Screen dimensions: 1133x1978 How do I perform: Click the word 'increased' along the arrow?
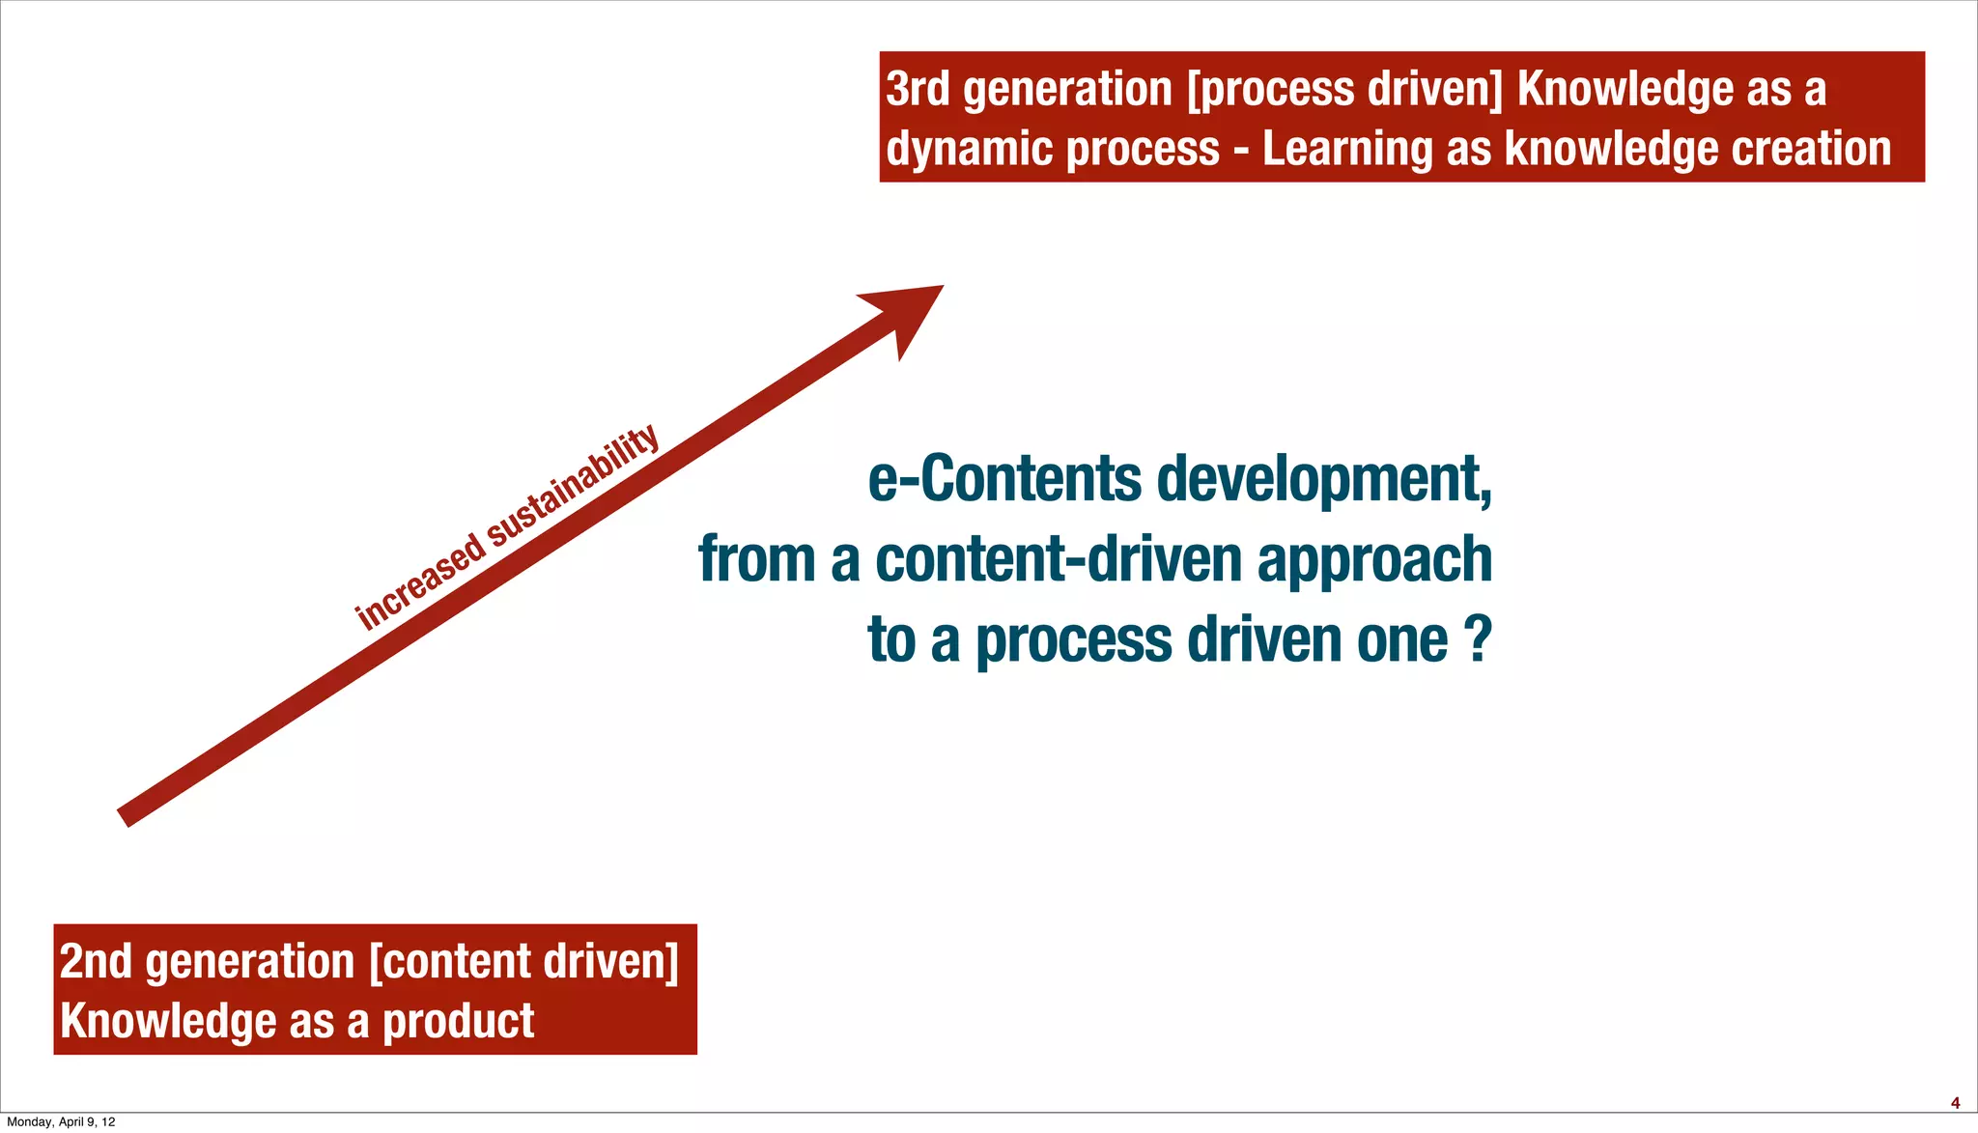pyautogui.click(x=421, y=582)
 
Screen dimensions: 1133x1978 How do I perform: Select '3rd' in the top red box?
pyautogui.click(x=918, y=90)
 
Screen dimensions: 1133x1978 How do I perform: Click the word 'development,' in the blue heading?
pyautogui.click(x=1324, y=480)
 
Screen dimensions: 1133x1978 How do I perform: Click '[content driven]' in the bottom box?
pyautogui.click(x=524, y=962)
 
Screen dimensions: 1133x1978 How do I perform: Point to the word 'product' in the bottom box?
pyautogui.click(x=459, y=1022)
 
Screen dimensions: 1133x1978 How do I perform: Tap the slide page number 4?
pyautogui.click(x=1955, y=1103)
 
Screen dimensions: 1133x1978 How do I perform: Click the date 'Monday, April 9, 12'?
pyautogui.click(x=61, y=1122)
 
